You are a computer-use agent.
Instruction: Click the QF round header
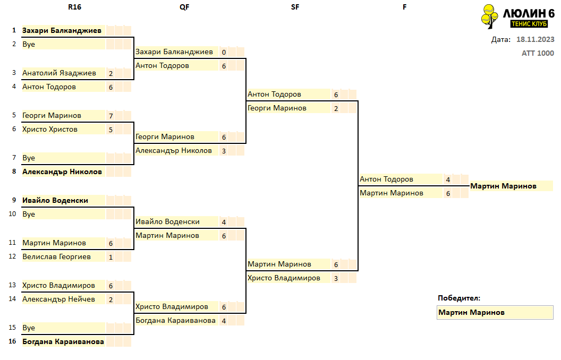184,7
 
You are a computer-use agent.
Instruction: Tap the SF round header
295,7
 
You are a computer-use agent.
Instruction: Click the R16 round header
74,7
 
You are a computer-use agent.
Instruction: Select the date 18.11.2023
535,39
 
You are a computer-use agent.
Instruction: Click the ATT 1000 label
538,53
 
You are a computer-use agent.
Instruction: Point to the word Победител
458,298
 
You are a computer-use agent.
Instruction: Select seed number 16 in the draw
13,341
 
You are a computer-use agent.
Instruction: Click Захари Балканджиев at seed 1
62,30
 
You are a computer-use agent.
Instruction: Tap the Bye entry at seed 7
29,158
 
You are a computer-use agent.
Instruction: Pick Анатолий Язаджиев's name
59,73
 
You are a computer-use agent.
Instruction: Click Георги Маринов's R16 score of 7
111,116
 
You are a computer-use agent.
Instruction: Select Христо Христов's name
50,130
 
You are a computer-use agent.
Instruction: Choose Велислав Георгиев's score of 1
111,258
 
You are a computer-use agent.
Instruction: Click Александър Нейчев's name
58,299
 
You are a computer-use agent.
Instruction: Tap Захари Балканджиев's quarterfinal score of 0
224,52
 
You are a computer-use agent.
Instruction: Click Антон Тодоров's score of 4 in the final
448,180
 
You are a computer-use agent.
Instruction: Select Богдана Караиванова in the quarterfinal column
175,320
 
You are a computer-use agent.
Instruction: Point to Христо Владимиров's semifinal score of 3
336,278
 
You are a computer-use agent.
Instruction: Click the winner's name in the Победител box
472,312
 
